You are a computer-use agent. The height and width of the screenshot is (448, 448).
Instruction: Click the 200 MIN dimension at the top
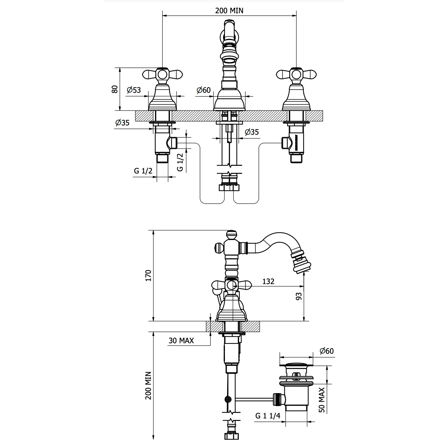click(229, 11)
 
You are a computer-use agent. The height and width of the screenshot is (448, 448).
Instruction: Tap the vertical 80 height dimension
click(115, 89)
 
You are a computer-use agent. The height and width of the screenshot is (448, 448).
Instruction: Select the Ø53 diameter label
click(134, 90)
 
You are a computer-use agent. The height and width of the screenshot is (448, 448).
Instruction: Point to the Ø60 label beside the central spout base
click(203, 90)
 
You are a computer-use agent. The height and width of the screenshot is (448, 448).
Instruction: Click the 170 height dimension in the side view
click(148, 275)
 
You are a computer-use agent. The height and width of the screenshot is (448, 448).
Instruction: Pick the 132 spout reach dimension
click(268, 282)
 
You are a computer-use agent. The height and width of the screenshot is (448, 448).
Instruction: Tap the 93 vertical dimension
click(299, 296)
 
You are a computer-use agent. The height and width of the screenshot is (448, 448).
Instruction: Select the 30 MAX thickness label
click(181, 340)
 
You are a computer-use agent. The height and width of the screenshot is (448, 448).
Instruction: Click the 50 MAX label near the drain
click(322, 400)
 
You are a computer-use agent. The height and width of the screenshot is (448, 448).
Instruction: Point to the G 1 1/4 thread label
click(268, 416)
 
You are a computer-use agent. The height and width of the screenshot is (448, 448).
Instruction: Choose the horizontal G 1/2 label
click(143, 171)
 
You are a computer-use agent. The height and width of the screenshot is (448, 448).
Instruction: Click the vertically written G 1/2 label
click(180, 162)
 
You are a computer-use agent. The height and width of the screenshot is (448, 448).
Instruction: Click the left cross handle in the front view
click(162, 74)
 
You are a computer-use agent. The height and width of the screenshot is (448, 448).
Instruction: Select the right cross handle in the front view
click(296, 74)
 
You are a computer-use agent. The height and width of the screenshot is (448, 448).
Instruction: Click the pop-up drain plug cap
click(296, 366)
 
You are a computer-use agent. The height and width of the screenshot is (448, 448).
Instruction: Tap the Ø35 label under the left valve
click(122, 123)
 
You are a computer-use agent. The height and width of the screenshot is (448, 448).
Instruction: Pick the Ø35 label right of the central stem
click(252, 132)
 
